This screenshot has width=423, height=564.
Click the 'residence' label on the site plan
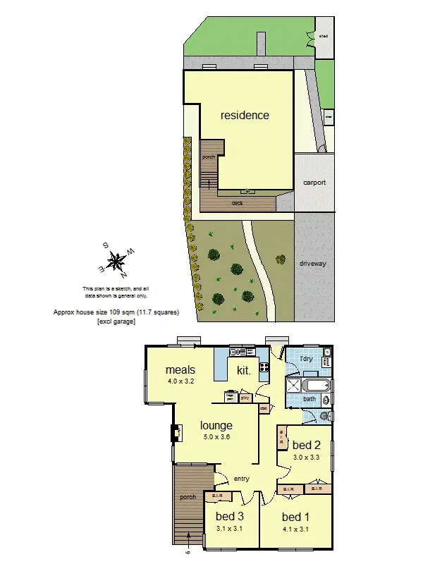[x=245, y=115]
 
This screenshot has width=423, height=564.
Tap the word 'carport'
[x=314, y=182]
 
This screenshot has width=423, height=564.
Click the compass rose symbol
[x=118, y=259]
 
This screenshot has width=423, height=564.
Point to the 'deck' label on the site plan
[x=238, y=203]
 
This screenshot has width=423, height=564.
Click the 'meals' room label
[x=180, y=369]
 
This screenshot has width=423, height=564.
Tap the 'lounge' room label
[x=216, y=425]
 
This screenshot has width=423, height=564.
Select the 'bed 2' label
[x=306, y=445]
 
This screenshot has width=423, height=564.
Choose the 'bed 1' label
[x=295, y=516]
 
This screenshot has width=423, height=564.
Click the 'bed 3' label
[x=230, y=516]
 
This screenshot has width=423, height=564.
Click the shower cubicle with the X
[x=293, y=385]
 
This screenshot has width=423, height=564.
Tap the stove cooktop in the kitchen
[x=264, y=367]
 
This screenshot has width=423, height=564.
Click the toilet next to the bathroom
[x=323, y=417]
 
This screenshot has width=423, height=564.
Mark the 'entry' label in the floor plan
[x=242, y=479]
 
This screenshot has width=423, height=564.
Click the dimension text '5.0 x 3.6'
[x=216, y=437]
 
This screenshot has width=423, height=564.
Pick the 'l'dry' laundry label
[x=306, y=359]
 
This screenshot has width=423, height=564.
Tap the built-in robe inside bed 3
[x=214, y=497]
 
